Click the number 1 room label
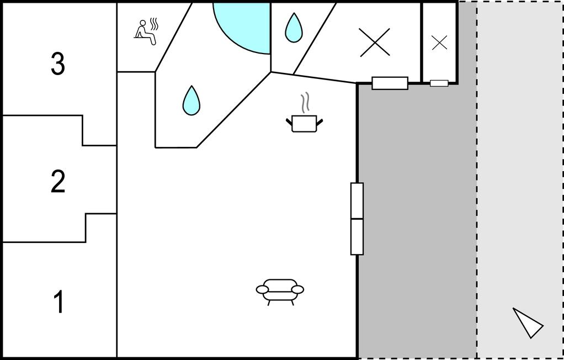(59, 301)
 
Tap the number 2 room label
(58, 182)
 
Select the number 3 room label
(58, 63)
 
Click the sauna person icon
(145, 33)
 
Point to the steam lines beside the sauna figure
(154, 24)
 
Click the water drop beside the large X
(294, 28)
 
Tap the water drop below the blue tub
(191, 100)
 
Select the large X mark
(375, 43)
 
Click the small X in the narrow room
(439, 43)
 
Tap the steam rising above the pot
(305, 103)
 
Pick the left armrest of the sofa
(262, 289)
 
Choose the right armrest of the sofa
(297, 289)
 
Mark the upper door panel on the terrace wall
(357, 201)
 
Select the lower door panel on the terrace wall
(357, 237)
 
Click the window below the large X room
(390, 83)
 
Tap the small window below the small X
(439, 83)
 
